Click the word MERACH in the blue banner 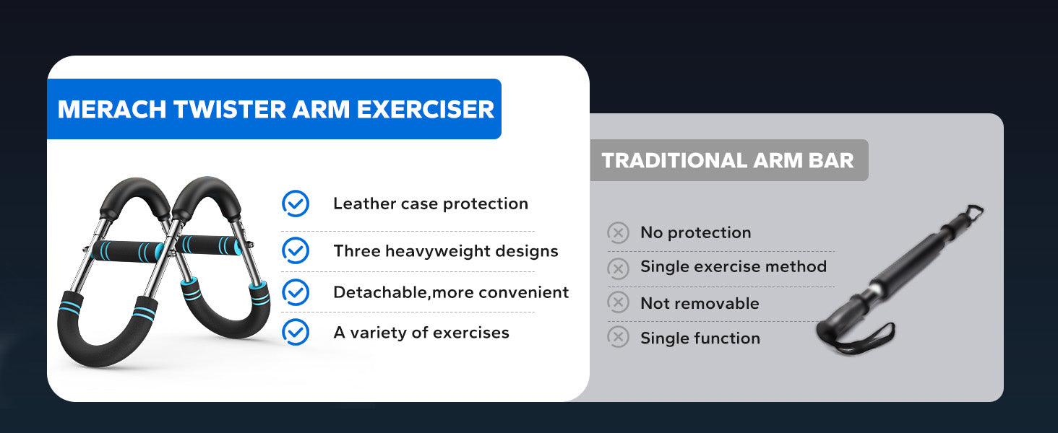coord(112,110)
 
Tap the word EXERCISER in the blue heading coord(425,110)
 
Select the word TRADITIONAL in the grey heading coord(674,160)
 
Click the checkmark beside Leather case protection coord(296,204)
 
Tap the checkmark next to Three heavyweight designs coord(296,250)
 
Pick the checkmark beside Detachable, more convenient coord(296,292)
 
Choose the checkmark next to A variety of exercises coord(296,332)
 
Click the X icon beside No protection coord(618,232)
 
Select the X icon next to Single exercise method coord(618,268)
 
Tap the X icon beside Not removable coord(618,302)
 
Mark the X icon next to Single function coord(618,337)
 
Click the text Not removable coord(700,303)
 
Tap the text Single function coord(700,338)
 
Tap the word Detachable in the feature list coord(380,292)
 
